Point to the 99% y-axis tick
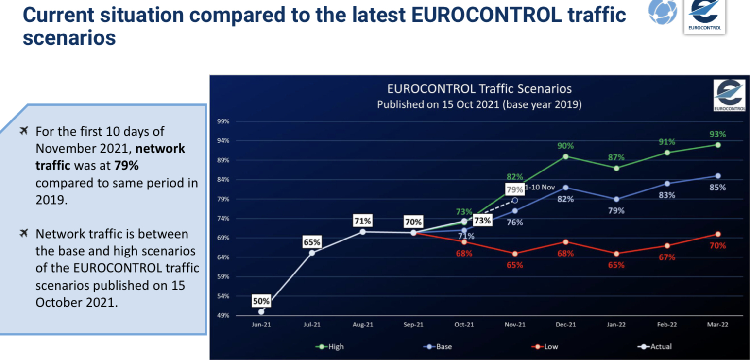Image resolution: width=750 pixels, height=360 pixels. pyautogui.click(x=222, y=121)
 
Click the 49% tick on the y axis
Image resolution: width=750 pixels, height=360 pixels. pyautogui.click(x=222, y=316)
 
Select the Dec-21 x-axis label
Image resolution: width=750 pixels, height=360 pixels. pyautogui.click(x=565, y=325)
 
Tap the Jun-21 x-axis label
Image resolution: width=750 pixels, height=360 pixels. pyautogui.click(x=261, y=325)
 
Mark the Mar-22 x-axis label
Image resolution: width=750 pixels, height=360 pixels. pyautogui.click(x=718, y=325)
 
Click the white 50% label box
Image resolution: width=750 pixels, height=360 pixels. pyautogui.click(x=261, y=301)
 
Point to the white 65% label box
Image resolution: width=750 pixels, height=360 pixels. pyautogui.click(x=312, y=242)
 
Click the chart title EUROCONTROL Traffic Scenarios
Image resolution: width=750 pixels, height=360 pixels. pyautogui.click(x=479, y=89)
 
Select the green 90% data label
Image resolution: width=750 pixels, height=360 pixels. pyautogui.click(x=565, y=146)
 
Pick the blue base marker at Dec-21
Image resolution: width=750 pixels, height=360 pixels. pyautogui.click(x=565, y=188)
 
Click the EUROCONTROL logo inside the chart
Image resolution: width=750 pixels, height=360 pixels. pyautogui.click(x=729, y=95)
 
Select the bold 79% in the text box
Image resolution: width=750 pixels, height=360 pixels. pyautogui.click(x=126, y=166)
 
